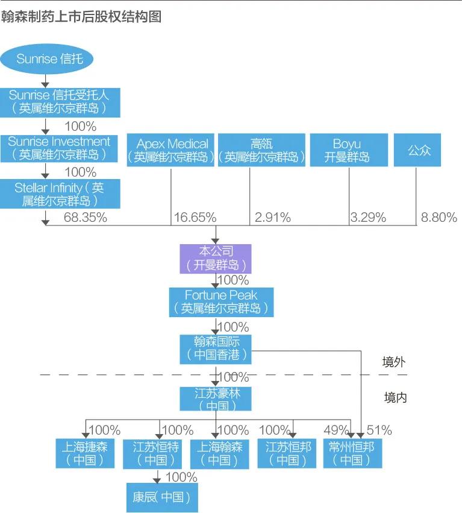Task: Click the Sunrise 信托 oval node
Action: pos(46,58)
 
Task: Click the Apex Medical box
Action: pos(172,150)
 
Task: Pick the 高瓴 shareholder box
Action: pos(261,150)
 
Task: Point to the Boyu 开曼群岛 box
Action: pos(347,150)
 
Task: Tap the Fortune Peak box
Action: pos(221,301)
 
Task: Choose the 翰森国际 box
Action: pos(216,348)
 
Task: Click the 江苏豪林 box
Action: pos(216,399)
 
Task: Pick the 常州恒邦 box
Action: pos(352,453)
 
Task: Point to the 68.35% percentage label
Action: pos(85,217)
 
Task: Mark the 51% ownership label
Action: pos(379,430)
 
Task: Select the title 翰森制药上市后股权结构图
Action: pos(81,16)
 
